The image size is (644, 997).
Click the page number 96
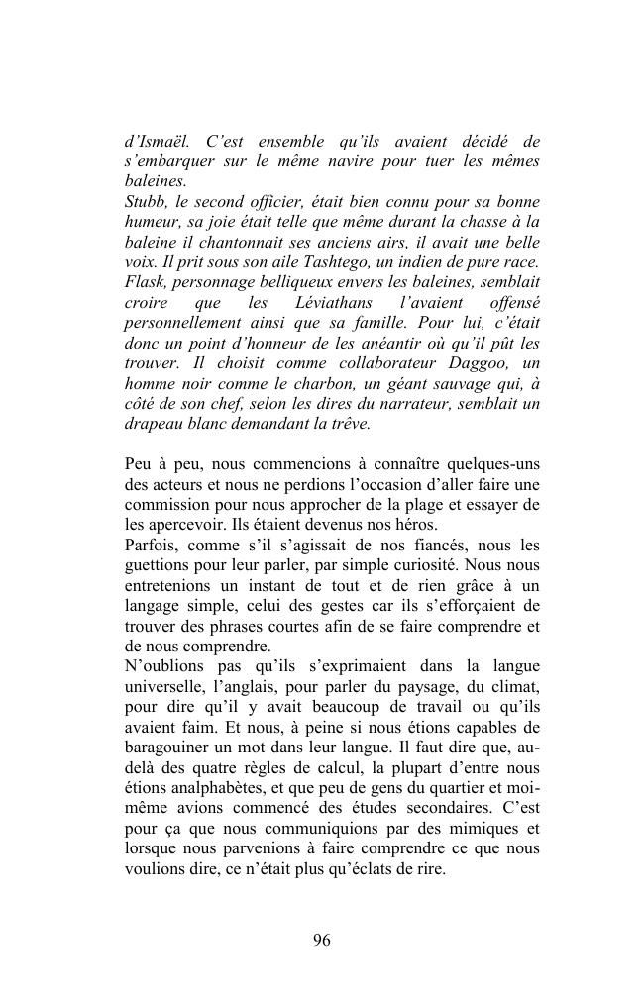[321, 941]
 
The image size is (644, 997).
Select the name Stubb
[147, 202]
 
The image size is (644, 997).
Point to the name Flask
[144, 282]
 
